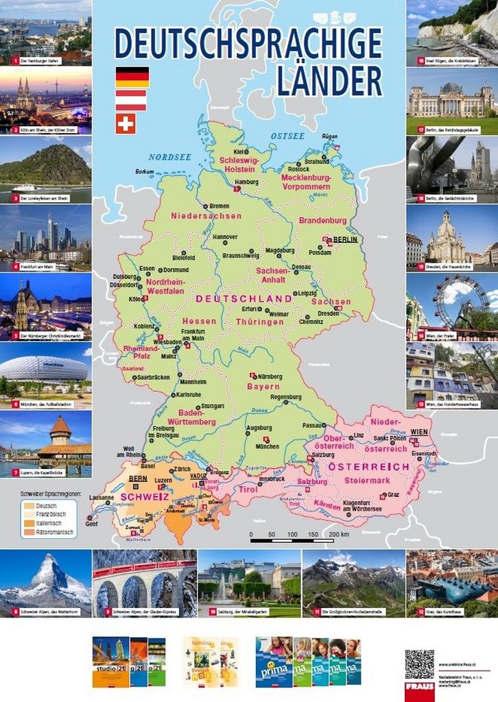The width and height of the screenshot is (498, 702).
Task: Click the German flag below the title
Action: click(x=132, y=77)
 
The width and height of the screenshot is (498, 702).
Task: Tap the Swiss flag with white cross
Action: click(x=126, y=123)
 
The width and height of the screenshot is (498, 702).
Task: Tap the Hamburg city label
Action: click(x=246, y=182)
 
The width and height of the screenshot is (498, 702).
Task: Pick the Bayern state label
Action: click(x=263, y=387)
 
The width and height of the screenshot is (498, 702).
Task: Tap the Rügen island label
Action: click(x=330, y=136)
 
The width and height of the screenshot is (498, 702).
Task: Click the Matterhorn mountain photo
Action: click(x=45, y=583)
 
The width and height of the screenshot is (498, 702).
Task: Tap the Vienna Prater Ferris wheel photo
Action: click(x=452, y=305)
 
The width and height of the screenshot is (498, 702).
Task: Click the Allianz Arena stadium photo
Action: click(x=45, y=374)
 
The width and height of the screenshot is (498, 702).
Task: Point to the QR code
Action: click(x=419, y=664)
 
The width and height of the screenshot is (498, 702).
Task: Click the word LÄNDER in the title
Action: click(x=329, y=81)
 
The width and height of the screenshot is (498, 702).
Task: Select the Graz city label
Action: click(x=393, y=494)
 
